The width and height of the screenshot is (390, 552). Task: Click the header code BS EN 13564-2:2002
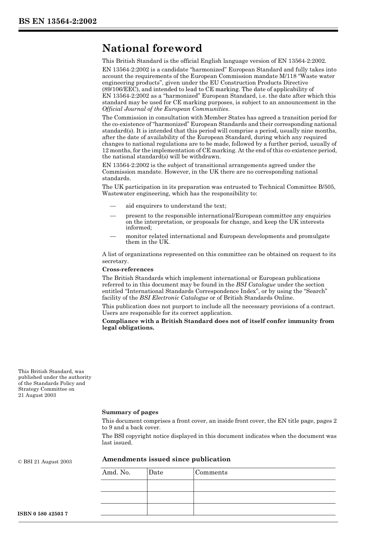pyautogui.click(x=57, y=21)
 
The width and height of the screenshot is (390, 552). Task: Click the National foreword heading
pyautogui.click(x=152, y=48)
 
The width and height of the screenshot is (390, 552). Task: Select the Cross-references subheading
pyautogui.click(x=128, y=269)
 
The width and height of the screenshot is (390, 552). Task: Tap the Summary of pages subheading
pyautogui.click(x=130, y=412)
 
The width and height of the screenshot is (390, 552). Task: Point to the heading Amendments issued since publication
pyautogui.click(x=166, y=459)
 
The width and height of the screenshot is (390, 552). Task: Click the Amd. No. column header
pyautogui.click(x=116, y=472)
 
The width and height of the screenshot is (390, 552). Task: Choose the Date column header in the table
pyautogui.click(x=156, y=472)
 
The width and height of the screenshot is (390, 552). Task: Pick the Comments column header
pyautogui.click(x=211, y=472)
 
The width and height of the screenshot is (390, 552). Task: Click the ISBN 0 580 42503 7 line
pyautogui.click(x=43, y=514)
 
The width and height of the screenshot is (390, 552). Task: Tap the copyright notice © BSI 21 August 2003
pyautogui.click(x=45, y=462)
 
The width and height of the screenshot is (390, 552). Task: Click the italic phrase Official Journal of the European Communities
pyautogui.click(x=165, y=109)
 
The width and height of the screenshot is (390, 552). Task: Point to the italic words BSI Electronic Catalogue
pyautogui.click(x=174, y=298)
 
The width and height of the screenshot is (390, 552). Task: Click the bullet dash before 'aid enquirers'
pyautogui.click(x=112, y=206)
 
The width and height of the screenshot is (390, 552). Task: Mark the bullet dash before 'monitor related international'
pyautogui.click(x=112, y=236)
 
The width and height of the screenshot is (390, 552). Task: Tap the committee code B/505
pyautogui.click(x=326, y=187)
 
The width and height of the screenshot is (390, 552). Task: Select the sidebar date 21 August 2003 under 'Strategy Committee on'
pyautogui.click(x=37, y=395)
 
